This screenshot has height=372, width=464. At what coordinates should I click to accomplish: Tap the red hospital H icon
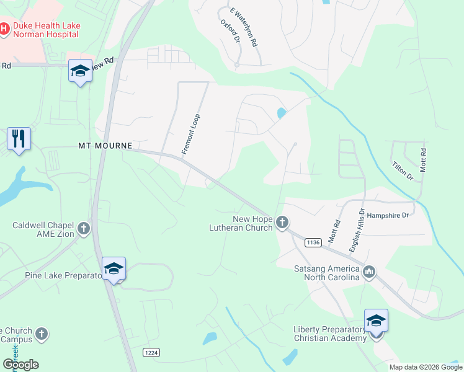click(4, 29)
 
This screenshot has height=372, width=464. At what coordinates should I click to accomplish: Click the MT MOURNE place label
click(105, 146)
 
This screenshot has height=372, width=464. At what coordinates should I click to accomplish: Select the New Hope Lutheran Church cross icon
click(282, 223)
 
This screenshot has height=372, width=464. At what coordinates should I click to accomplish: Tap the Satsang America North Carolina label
click(327, 273)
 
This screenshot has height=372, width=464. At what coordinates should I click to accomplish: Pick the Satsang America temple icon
click(369, 271)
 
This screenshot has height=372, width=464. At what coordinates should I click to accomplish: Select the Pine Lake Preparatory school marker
click(114, 269)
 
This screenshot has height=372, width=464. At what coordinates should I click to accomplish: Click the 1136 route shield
click(313, 242)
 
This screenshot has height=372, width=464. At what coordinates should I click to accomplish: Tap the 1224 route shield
click(151, 352)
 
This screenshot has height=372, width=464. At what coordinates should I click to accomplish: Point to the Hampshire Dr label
click(388, 215)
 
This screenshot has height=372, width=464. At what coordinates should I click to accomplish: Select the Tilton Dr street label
click(402, 170)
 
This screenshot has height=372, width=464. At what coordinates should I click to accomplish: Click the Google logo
click(20, 365)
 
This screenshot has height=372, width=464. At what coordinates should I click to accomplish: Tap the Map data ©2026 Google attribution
click(425, 367)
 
